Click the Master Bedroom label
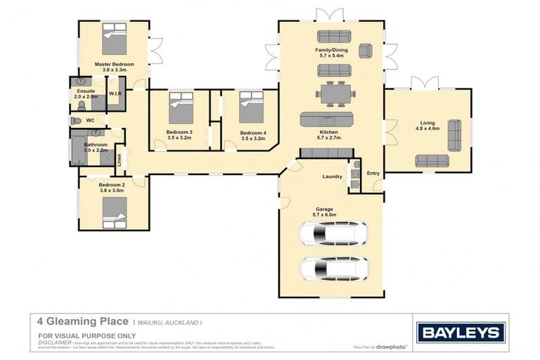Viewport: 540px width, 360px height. pos(114,64)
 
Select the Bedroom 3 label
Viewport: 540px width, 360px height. pos(179,132)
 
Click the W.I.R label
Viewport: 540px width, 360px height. pos(115,93)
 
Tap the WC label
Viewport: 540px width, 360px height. pos(90,120)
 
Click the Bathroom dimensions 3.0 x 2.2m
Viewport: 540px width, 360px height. pos(96,150)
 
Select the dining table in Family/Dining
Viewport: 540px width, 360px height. pos(330,93)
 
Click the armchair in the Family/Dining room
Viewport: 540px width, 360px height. pos(366,51)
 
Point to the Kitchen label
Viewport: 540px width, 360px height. pos(328,132)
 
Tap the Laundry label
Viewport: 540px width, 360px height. pos(332,176)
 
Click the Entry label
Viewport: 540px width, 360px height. pos(373,173)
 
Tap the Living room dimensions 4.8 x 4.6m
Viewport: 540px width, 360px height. pos(427,129)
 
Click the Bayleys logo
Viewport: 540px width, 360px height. pos(461,332)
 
